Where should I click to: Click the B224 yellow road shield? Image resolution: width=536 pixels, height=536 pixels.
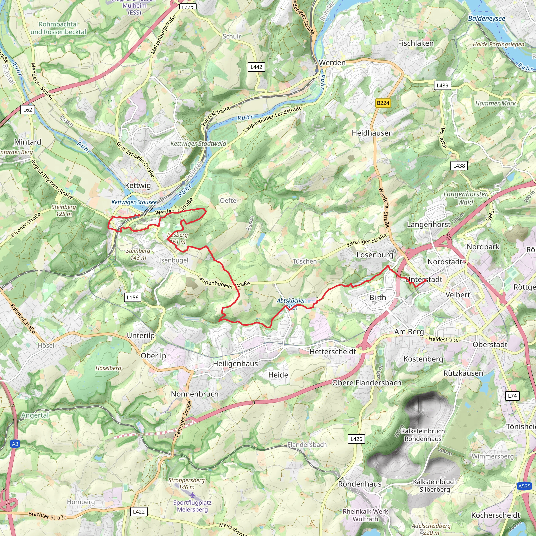point(383,103)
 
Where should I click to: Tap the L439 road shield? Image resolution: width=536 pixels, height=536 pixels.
point(442,85)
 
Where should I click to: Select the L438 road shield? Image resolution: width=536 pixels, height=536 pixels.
point(459,166)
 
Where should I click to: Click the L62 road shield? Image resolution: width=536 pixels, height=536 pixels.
point(28,110)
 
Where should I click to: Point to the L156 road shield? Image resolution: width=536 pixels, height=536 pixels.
point(132,297)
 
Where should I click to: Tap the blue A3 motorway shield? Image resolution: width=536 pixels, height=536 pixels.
point(15,444)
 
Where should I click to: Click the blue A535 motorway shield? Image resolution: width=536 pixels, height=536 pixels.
point(524,486)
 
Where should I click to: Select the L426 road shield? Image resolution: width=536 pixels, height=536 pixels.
point(356,439)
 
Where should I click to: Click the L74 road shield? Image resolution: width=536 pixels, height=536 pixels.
point(512,396)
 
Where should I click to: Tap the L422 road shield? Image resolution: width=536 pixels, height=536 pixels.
point(139,512)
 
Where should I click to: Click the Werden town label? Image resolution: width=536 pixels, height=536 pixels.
point(332,63)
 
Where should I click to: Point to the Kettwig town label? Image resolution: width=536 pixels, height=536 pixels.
point(138,186)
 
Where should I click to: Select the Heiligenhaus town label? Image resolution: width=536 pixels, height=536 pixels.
point(235,364)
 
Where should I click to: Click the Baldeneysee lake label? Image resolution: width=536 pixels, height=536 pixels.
point(487,19)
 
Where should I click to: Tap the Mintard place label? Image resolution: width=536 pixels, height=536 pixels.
point(27,142)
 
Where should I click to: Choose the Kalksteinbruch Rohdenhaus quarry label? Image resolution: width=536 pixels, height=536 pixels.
point(423,435)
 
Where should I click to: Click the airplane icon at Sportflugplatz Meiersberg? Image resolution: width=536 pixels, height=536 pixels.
point(192,495)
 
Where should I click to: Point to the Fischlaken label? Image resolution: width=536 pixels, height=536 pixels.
point(416,43)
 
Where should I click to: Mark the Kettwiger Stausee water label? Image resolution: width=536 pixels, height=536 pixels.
point(134,202)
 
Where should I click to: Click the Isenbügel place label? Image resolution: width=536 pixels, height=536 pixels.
point(174,260)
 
